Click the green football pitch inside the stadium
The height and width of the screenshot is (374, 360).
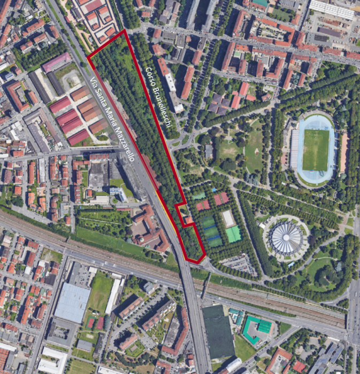pos(316,150)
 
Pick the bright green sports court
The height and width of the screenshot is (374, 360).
pos(233,234)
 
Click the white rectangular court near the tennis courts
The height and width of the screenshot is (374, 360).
pos(228,217)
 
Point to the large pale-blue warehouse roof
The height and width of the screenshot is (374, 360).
pos(72,302)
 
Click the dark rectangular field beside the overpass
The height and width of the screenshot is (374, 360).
pos(218,331)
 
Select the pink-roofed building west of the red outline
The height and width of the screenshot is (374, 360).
pos(57,63)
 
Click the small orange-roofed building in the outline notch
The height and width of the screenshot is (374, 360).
pos(188,220)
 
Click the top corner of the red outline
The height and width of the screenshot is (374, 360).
pos(125,30)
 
